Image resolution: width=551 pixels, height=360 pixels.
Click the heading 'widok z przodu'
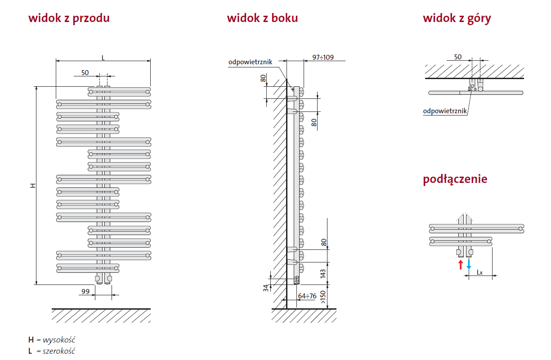(x=69, y=18)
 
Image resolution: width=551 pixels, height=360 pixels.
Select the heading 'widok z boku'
(x=262, y=18)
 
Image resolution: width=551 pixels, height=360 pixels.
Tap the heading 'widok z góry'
(x=457, y=18)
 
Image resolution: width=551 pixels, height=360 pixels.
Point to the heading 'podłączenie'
(x=455, y=179)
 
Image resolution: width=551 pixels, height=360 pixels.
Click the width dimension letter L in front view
(x=103, y=58)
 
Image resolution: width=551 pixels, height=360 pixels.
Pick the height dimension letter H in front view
(x=32, y=186)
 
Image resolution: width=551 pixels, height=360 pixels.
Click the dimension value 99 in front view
(x=85, y=292)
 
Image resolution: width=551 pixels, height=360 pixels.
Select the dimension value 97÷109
(x=323, y=57)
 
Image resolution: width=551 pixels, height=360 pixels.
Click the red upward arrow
(x=460, y=264)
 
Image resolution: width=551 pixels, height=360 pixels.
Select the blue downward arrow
(x=469, y=264)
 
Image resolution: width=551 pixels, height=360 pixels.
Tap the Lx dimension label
(x=479, y=272)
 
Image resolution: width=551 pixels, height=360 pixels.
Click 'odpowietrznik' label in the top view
(x=445, y=111)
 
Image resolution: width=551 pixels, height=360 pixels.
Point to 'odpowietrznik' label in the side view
(x=250, y=62)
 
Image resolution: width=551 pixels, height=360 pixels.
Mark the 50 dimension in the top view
(x=457, y=57)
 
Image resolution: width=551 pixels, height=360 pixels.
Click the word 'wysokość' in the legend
(x=59, y=340)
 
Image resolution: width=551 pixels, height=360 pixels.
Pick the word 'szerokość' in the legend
(x=59, y=351)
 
